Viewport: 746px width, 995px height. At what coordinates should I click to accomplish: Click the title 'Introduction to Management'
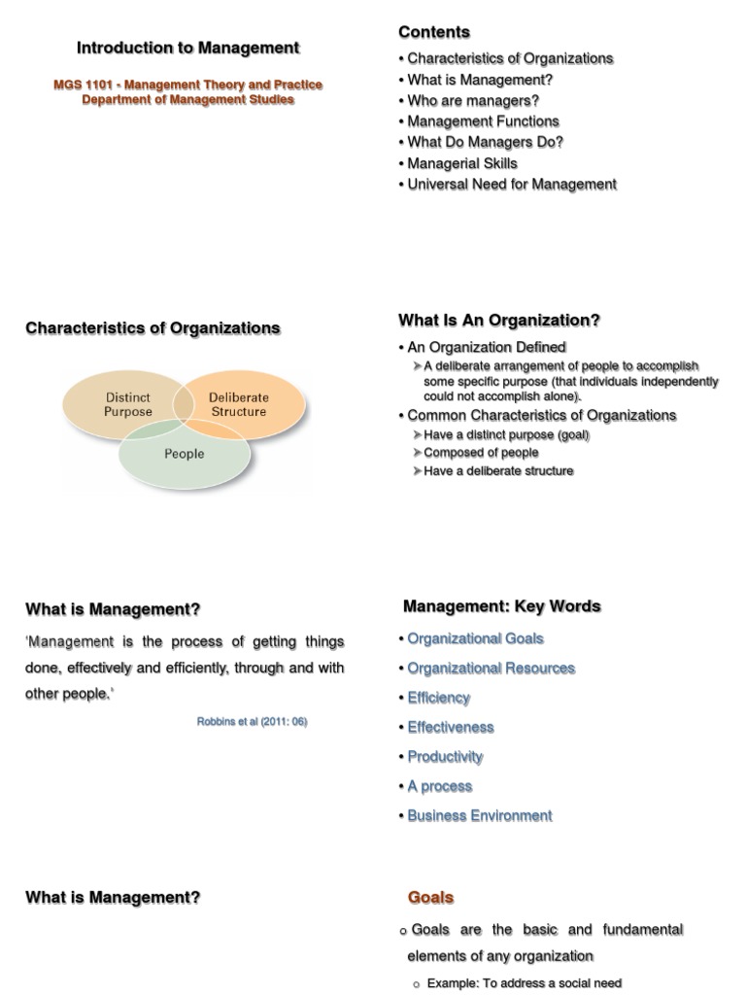[x=187, y=48]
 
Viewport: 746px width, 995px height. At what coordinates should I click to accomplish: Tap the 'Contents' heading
[x=433, y=32]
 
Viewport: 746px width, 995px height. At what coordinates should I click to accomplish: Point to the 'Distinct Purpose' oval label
[x=128, y=404]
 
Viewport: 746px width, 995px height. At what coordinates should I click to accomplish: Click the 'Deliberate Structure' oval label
[x=239, y=404]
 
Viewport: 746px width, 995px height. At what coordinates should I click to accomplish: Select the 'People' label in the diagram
[x=185, y=454]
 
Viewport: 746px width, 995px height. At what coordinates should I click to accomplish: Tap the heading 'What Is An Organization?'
[x=499, y=321]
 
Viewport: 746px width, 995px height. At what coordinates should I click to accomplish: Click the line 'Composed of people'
[x=481, y=453]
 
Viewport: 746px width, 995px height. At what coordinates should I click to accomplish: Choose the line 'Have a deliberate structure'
[x=498, y=471]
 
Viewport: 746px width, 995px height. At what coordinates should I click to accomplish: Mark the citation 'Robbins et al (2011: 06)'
[x=252, y=722]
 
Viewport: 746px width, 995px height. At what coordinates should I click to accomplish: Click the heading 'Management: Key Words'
[x=501, y=606]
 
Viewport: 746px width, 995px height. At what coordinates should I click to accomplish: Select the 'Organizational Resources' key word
[x=491, y=669]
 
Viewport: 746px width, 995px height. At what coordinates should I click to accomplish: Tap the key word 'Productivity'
[x=445, y=757]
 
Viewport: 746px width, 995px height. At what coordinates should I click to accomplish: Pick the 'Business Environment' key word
[x=480, y=816]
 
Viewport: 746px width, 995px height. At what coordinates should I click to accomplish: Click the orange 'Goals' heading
[x=430, y=898]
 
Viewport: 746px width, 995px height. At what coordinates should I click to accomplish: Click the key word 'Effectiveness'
[x=451, y=728]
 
